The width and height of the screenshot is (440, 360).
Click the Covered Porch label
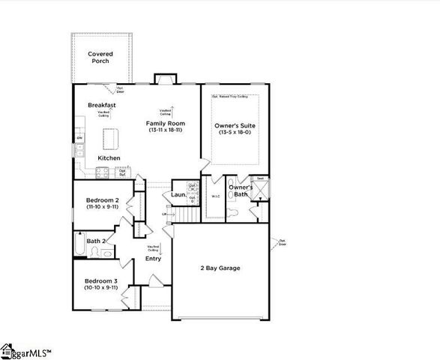(100, 57)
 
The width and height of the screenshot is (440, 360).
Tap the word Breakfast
(101, 105)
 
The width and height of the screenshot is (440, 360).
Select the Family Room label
(165, 124)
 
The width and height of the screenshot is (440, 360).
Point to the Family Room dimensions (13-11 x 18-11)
(165, 130)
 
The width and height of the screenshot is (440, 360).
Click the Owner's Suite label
(234, 125)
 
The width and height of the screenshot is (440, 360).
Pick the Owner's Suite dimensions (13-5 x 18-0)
(234, 132)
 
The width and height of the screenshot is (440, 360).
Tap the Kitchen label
(109, 158)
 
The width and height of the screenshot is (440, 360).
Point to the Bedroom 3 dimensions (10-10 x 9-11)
(100, 287)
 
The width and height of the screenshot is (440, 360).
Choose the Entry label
(154, 258)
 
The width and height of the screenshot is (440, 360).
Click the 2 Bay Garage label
(220, 268)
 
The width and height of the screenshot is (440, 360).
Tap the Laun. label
(178, 195)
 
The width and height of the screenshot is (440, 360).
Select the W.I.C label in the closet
(214, 197)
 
